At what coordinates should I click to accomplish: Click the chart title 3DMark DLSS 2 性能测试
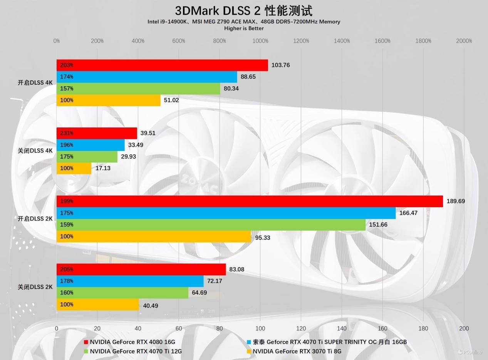point(244,10)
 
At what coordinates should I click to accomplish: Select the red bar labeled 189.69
point(250,201)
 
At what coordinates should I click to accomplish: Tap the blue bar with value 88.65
point(147,77)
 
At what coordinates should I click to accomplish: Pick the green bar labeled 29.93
point(87,157)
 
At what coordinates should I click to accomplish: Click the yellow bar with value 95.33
point(154,236)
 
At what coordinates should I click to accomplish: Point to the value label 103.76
point(280,65)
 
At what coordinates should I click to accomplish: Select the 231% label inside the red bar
point(67,133)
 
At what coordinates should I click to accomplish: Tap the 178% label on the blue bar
point(67,281)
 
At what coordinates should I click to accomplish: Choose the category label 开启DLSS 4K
point(35,82)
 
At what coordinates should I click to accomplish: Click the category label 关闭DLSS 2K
point(35,287)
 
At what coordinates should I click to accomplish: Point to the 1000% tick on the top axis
point(260,41)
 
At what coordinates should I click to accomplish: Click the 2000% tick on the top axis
point(464,41)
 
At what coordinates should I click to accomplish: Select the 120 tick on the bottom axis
point(301,328)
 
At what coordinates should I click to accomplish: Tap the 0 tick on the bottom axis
point(57,328)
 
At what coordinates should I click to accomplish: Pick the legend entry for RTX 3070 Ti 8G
point(297,351)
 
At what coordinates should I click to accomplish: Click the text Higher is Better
point(244,28)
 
